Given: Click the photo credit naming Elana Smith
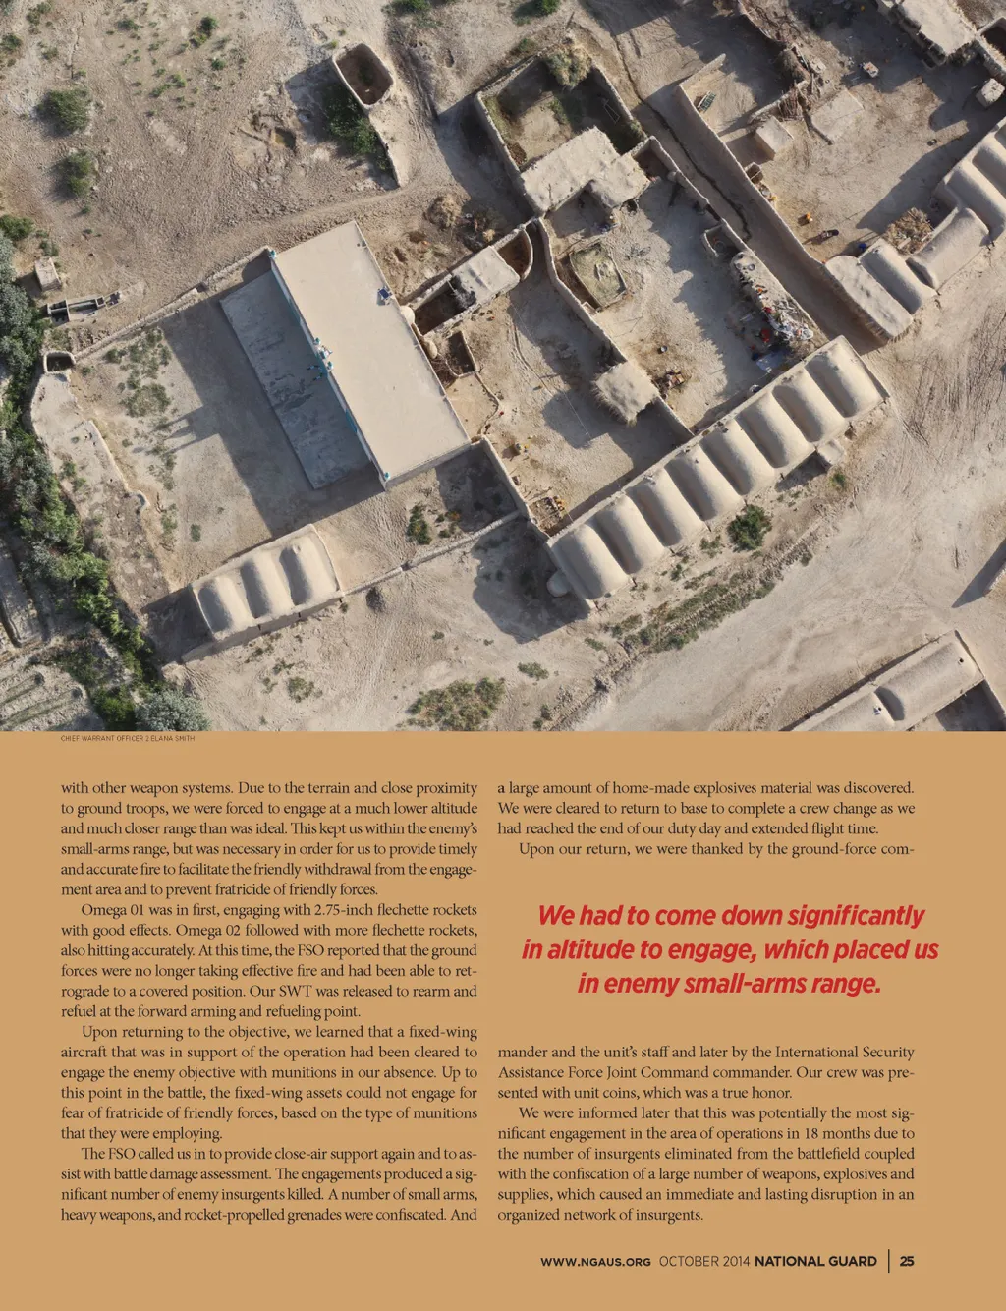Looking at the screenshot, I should pyautogui.click(x=128, y=737).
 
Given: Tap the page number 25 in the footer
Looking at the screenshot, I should pyautogui.click(x=907, y=1261).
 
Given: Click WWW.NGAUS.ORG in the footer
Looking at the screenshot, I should pyautogui.click(x=595, y=1261).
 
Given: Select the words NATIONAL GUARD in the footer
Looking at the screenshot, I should pyautogui.click(x=815, y=1261).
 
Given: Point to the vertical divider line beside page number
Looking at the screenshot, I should pyautogui.click(x=889, y=1261).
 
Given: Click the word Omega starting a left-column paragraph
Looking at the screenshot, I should pyautogui.click(x=102, y=910).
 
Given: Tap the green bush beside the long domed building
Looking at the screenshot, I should pyautogui.click(x=750, y=528).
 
